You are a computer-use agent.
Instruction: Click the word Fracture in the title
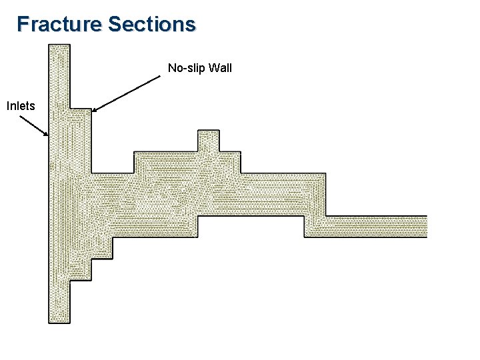[59, 24]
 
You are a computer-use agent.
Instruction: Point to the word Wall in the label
[221, 68]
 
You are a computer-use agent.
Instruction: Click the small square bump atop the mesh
[208, 140]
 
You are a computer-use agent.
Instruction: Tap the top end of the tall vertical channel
[59, 47]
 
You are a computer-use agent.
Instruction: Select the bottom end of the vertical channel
[59, 321]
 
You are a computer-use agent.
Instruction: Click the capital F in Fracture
[23, 24]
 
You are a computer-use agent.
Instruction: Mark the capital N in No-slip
[171, 68]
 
